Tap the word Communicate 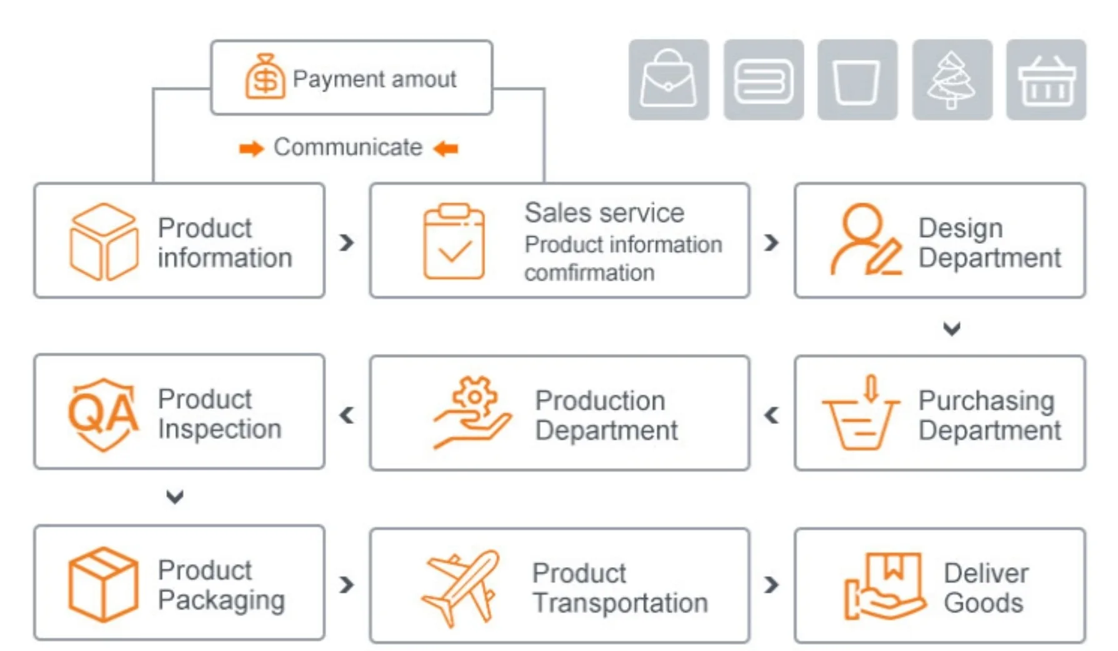pyautogui.click(x=348, y=148)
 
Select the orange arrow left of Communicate pyautogui.click(x=251, y=149)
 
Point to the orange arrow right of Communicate pyautogui.click(x=446, y=149)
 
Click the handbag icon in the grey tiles pyautogui.click(x=669, y=79)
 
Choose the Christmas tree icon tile pyautogui.click(x=952, y=79)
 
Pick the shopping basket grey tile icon pyautogui.click(x=1046, y=79)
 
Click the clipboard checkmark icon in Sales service pyautogui.click(x=454, y=241)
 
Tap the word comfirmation pyautogui.click(x=589, y=273)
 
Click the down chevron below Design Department pyautogui.click(x=952, y=328)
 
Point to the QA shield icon pyautogui.click(x=103, y=413)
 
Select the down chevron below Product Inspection pyautogui.click(x=175, y=497)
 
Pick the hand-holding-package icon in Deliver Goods pyautogui.click(x=884, y=586)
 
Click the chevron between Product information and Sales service pyautogui.click(x=347, y=242)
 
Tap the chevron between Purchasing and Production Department pyautogui.click(x=772, y=415)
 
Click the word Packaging pyautogui.click(x=221, y=600)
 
